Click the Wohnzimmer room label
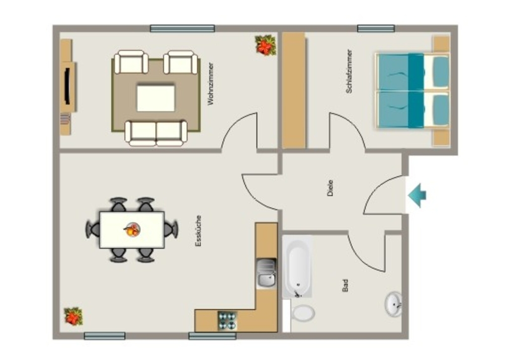pyautogui.click(x=211, y=84)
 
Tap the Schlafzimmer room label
pyautogui.click(x=349, y=72)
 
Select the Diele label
pyautogui.click(x=330, y=188)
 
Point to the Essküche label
pyautogui.click(x=198, y=231)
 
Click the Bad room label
pyautogui.click(x=345, y=285)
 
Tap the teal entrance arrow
pyautogui.click(x=417, y=195)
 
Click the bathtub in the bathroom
pyautogui.click(x=297, y=266)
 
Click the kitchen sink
pyautogui.click(x=266, y=273)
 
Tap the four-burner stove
pyautogui.click(x=227, y=320)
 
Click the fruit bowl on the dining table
pyautogui.click(x=132, y=230)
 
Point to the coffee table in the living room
pyautogui.click(x=156, y=98)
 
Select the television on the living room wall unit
pyautogui.click(x=67, y=86)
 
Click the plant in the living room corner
pyautogui.click(x=265, y=45)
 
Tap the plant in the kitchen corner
pyautogui.click(x=74, y=316)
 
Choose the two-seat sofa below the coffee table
pyautogui.click(x=156, y=133)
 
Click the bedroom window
pyautogui.click(x=376, y=28)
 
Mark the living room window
pyautogui.click(x=182, y=28)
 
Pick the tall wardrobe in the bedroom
pyautogui.click(x=294, y=90)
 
